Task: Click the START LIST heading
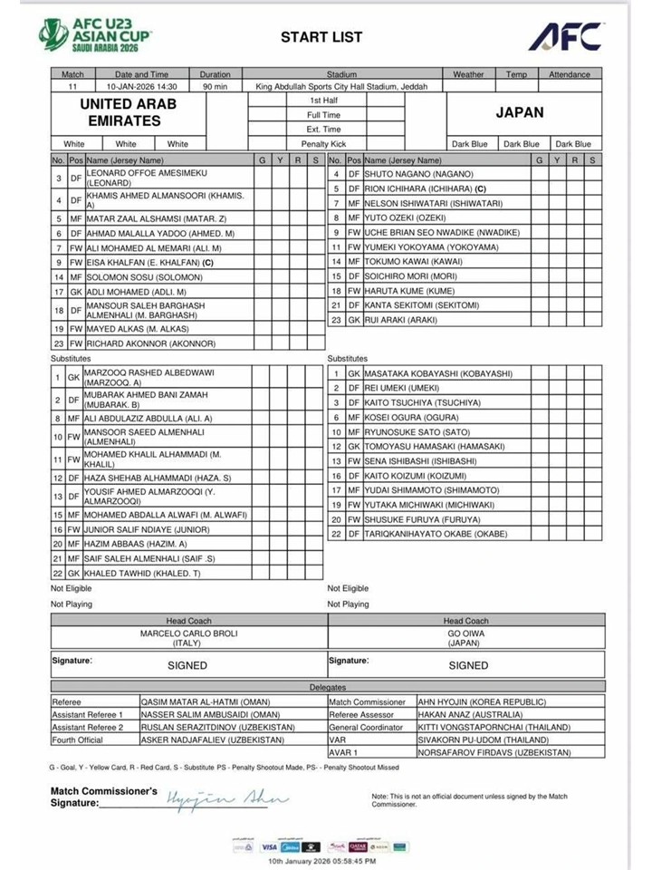point(321,37)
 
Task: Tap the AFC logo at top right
point(565,35)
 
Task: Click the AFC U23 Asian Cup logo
point(95,34)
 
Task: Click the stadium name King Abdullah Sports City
point(341,87)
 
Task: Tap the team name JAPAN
point(520,113)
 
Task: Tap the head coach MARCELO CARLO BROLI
point(188,633)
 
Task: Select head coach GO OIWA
point(465,633)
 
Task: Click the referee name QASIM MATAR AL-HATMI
point(195,701)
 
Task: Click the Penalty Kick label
point(324,143)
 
